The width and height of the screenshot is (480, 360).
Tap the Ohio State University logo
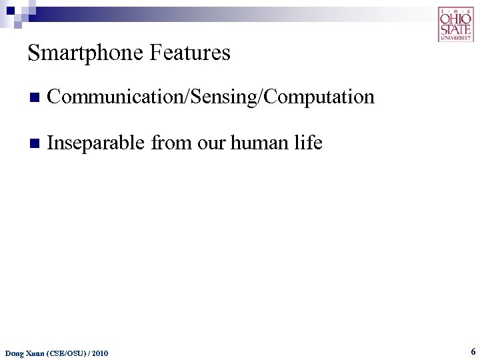coord(455,24)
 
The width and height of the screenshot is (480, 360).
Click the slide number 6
coord(473,351)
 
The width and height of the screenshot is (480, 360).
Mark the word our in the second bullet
coord(210,143)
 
